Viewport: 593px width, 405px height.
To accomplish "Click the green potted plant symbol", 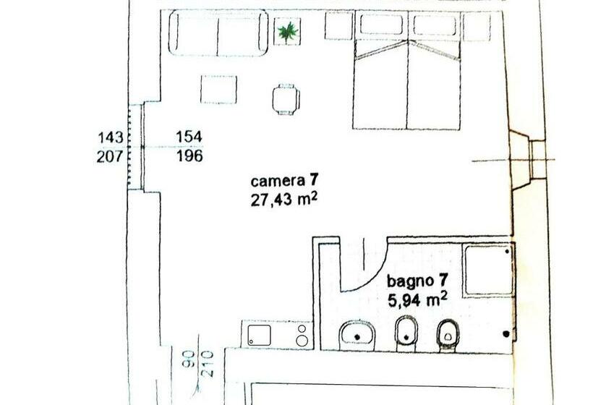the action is point(288,32).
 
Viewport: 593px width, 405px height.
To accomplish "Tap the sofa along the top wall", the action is point(218,33).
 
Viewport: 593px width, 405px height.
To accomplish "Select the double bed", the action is point(407,70).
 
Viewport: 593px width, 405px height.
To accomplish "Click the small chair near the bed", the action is point(286,99).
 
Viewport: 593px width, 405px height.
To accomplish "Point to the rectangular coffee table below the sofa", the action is point(218,89).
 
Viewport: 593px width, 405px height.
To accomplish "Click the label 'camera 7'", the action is point(284,181).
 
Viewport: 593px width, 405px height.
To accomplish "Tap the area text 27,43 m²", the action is point(283,200).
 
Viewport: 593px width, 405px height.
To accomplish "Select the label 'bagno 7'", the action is point(417,281).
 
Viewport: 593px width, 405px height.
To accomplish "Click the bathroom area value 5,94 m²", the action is point(417,300).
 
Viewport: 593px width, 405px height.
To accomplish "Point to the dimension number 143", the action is point(111,137).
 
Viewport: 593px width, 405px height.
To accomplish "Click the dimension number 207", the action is point(110,155).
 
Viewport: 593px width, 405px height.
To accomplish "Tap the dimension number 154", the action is point(189,137).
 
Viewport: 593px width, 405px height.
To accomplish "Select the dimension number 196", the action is point(190,155).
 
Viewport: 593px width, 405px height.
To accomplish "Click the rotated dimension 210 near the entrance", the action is point(207,364).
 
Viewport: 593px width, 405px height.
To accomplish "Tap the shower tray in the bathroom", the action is point(488,270).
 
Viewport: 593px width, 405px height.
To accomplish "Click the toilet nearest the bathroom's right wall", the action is point(448,336).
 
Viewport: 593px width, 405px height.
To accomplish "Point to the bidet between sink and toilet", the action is point(406,334).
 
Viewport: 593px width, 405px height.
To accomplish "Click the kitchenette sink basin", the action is point(260,335).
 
